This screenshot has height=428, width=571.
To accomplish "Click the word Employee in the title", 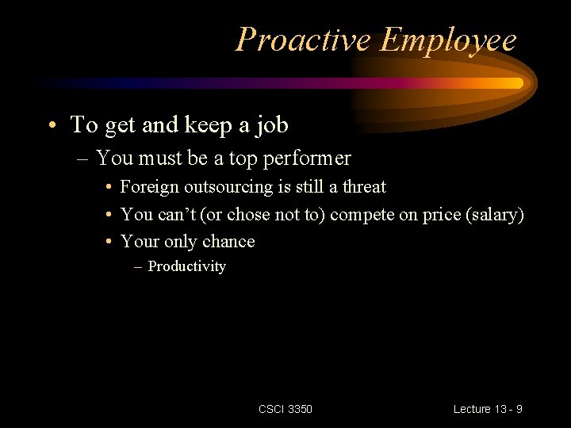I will [448, 40].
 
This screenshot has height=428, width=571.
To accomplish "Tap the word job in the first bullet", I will [270, 124].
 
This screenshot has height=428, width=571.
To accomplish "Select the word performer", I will [308, 159].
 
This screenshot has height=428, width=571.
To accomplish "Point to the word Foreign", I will [150, 187].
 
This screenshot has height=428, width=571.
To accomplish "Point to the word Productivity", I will [187, 266].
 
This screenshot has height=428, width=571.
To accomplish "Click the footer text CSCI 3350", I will [285, 409].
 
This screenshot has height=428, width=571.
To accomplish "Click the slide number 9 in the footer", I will [518, 409].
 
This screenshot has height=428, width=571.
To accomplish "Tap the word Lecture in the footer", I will [473, 409].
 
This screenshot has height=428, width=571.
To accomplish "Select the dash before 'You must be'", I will [84, 159].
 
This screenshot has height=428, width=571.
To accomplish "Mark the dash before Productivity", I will [139, 266].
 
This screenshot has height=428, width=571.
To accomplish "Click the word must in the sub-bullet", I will [164, 159].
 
